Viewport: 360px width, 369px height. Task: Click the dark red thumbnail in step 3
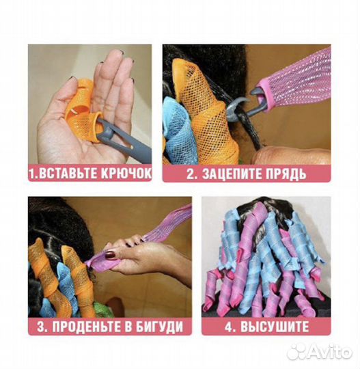(x=109, y=255)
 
